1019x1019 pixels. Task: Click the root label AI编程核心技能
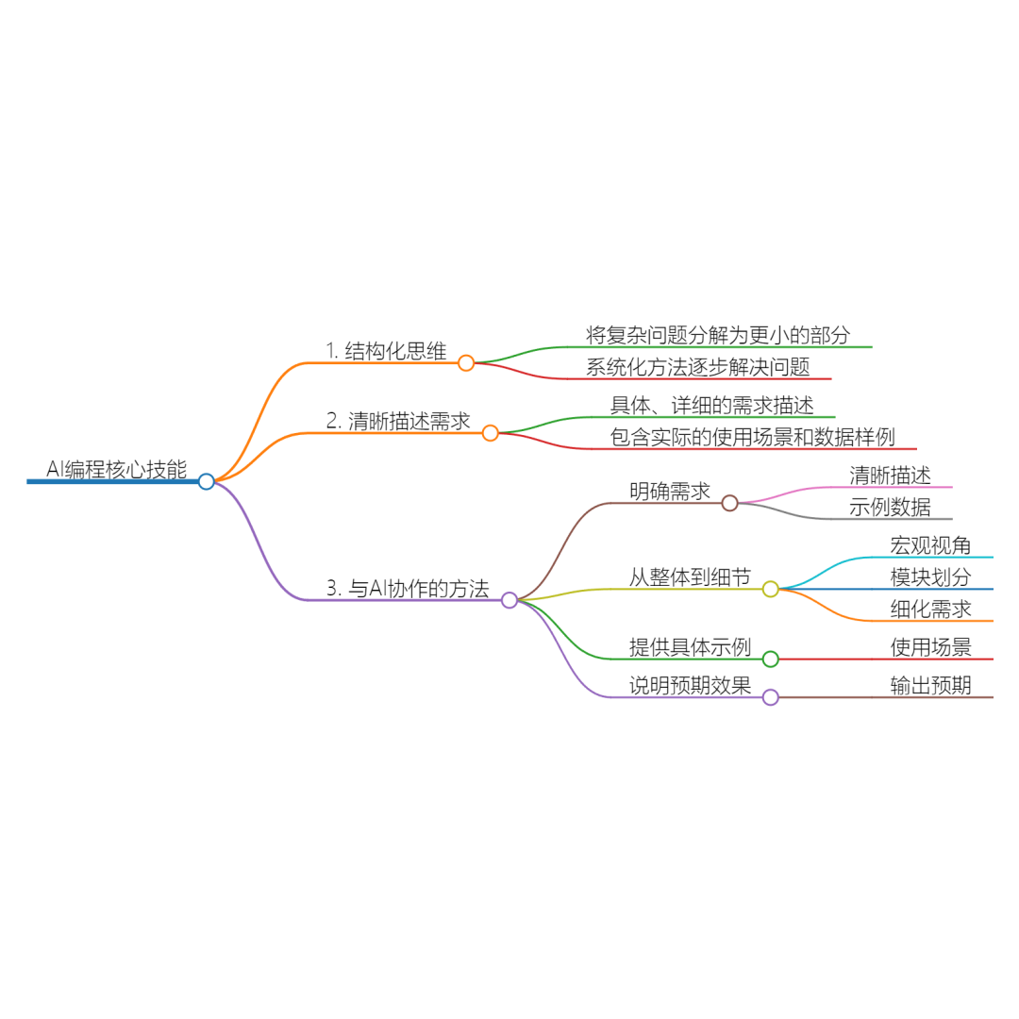click(x=116, y=469)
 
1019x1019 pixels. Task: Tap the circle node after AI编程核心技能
click(x=207, y=481)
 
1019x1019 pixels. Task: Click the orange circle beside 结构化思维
click(x=466, y=362)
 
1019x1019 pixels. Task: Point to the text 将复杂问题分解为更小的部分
click(x=718, y=335)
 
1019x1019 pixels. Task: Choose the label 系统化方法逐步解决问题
click(x=697, y=367)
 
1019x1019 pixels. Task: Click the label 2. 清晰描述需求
click(x=398, y=422)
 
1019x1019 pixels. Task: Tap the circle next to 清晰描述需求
click(x=490, y=433)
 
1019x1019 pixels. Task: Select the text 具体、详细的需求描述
click(x=711, y=405)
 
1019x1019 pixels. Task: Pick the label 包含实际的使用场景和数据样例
click(x=752, y=437)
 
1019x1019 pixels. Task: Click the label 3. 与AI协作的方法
click(x=408, y=589)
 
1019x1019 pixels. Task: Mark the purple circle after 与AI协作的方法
click(x=509, y=600)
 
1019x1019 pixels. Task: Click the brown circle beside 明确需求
click(x=729, y=503)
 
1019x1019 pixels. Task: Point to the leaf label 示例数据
click(x=890, y=508)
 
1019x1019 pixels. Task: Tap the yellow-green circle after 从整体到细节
click(x=771, y=589)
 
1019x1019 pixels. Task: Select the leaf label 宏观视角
click(x=930, y=545)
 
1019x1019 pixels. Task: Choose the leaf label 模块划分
click(x=930, y=577)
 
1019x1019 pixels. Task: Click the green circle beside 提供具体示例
click(x=771, y=659)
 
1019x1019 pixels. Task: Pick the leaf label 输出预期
click(x=930, y=686)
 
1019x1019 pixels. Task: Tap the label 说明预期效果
click(x=690, y=686)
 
